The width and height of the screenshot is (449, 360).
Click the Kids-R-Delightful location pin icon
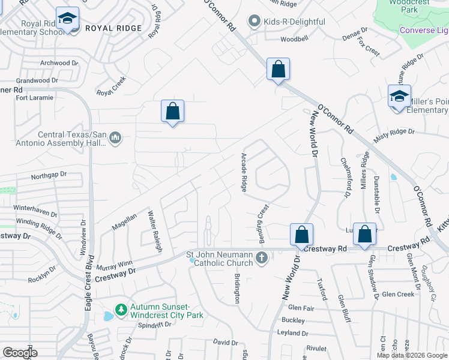coord(254,22)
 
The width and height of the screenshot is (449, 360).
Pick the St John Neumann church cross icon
coord(261,258)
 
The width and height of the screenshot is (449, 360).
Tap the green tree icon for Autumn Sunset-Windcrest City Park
coord(121,309)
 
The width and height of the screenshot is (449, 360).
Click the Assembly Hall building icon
coord(115,139)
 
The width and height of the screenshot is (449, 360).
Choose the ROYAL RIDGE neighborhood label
coord(113,28)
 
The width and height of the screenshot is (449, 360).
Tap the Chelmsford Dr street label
coord(345,178)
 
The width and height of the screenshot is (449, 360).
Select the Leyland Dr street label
coord(292,333)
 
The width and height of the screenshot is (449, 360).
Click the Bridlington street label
coord(237,289)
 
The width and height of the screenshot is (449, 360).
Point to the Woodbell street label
coord(295,40)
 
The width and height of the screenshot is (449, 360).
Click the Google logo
coord(20,353)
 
